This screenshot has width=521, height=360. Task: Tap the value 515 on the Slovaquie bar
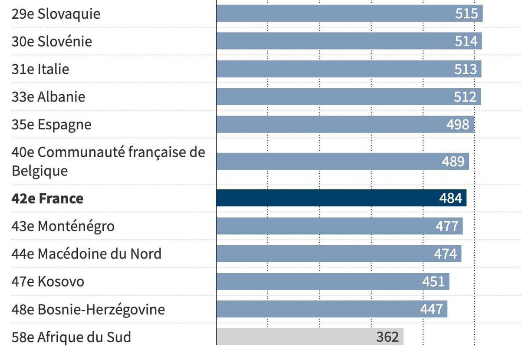coord(466,13)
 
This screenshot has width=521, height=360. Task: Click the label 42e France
coord(47,199)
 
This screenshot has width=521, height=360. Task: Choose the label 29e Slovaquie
coord(56,14)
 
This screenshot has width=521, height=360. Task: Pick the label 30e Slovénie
coord(52,42)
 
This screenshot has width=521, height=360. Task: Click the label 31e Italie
coord(40,69)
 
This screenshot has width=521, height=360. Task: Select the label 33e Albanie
coord(48,97)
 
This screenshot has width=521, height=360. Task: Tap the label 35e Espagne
coord(51,125)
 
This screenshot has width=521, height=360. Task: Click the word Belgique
coord(40,171)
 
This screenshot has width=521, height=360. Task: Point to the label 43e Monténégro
coord(63,226)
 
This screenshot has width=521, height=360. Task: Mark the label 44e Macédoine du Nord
coord(86,254)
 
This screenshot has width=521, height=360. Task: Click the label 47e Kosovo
coord(48,282)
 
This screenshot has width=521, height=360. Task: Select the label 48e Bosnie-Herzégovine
coord(88,310)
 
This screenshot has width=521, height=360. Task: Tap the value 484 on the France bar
coord(450,199)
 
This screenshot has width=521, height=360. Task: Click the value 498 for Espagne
coord(458,125)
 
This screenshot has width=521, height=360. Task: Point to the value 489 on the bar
coord(453,162)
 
